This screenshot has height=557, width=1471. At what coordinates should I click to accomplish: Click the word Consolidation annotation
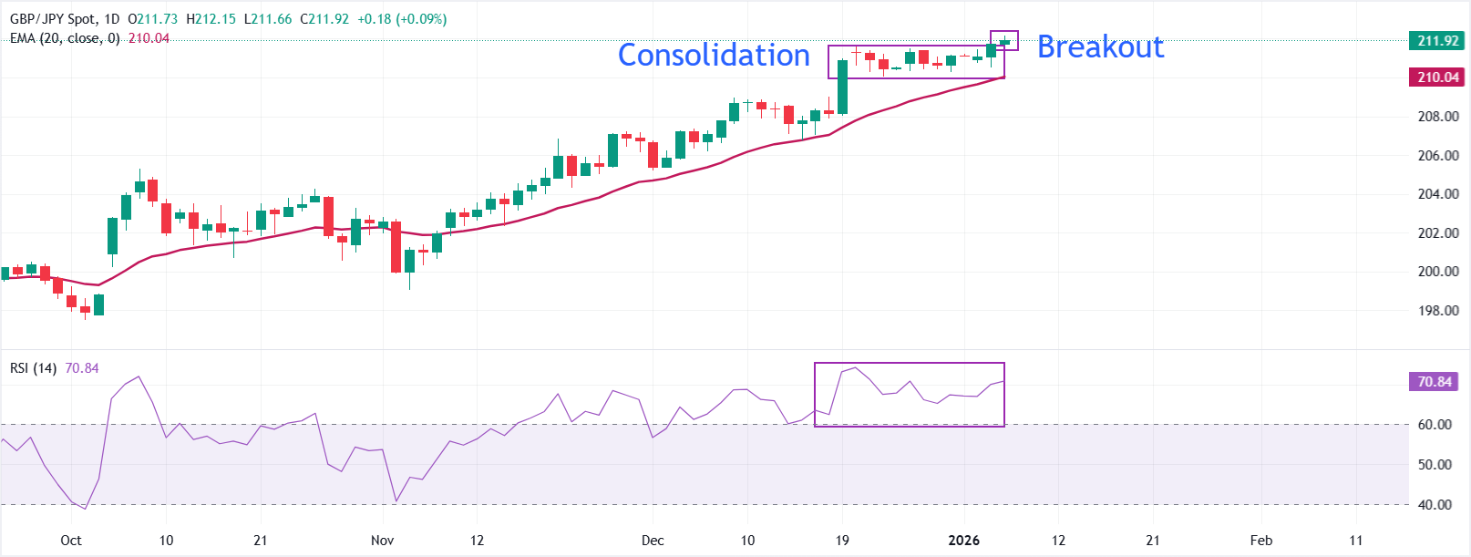point(714,55)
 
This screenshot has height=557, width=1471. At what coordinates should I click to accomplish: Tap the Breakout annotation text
point(1100,46)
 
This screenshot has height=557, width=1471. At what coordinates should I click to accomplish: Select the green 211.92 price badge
point(1438,40)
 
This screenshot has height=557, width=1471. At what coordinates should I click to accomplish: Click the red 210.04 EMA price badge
point(1438,77)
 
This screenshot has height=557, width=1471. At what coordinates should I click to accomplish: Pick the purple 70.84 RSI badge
point(1435,382)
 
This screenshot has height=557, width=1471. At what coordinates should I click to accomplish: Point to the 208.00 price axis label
point(1437,117)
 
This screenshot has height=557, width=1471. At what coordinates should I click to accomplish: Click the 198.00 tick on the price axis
point(1437,311)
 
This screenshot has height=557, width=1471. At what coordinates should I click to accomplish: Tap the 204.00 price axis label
point(1437,194)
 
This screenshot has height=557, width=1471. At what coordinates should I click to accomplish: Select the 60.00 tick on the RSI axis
point(1435,424)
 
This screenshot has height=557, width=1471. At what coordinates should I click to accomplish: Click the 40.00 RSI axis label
point(1435,504)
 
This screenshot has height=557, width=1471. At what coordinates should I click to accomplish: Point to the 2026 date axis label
point(963,541)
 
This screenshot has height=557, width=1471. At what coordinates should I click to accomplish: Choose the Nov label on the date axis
point(383,541)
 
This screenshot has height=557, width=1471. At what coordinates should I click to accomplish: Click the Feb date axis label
point(1261,541)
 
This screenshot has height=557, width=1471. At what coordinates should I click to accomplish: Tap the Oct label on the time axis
point(71,541)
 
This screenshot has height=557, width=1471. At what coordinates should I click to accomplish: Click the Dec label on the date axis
point(653,541)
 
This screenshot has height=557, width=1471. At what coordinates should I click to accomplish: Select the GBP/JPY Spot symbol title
point(51,19)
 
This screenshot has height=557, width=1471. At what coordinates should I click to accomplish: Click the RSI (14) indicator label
point(33,368)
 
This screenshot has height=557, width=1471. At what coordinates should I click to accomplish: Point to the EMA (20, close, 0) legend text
point(65,38)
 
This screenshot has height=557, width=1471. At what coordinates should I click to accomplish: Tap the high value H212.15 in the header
point(211,19)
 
